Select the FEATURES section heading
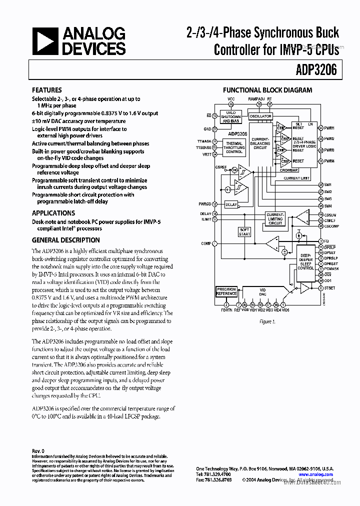click(x=47, y=90)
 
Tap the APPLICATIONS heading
click(x=53, y=212)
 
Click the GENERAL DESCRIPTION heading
click(x=65, y=239)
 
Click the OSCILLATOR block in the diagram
click(x=260, y=116)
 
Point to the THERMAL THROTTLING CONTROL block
click(x=234, y=147)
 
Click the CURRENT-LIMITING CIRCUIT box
click(x=275, y=218)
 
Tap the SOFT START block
click(x=244, y=232)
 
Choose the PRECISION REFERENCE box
click(x=226, y=291)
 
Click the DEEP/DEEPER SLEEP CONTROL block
click(x=305, y=260)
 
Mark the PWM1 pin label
click(x=329, y=128)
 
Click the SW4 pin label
click(x=328, y=206)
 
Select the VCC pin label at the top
click(x=231, y=99)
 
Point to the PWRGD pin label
click(x=204, y=204)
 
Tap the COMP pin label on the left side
click(x=205, y=243)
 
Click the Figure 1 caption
click(x=267, y=321)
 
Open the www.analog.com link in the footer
click(x=316, y=474)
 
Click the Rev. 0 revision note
click(x=38, y=451)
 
